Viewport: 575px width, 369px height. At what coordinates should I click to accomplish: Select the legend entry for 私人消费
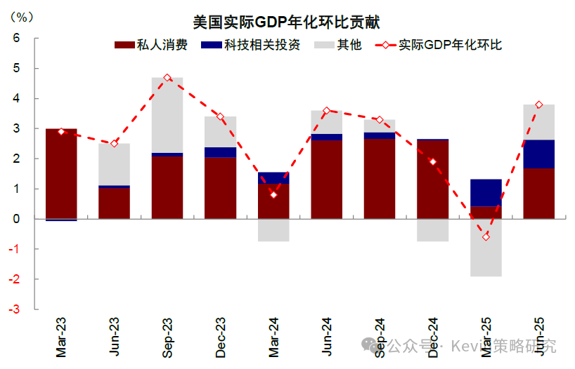(152, 46)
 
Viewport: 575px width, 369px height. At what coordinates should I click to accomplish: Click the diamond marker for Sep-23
(167, 78)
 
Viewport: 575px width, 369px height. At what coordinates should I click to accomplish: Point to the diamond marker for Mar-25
(486, 236)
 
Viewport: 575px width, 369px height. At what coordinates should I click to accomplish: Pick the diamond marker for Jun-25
(539, 105)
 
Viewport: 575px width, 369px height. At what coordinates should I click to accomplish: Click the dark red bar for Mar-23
(61, 174)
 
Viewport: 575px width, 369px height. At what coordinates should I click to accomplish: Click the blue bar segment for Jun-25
(539, 154)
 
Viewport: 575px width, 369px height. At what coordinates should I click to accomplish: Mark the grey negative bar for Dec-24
(433, 230)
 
